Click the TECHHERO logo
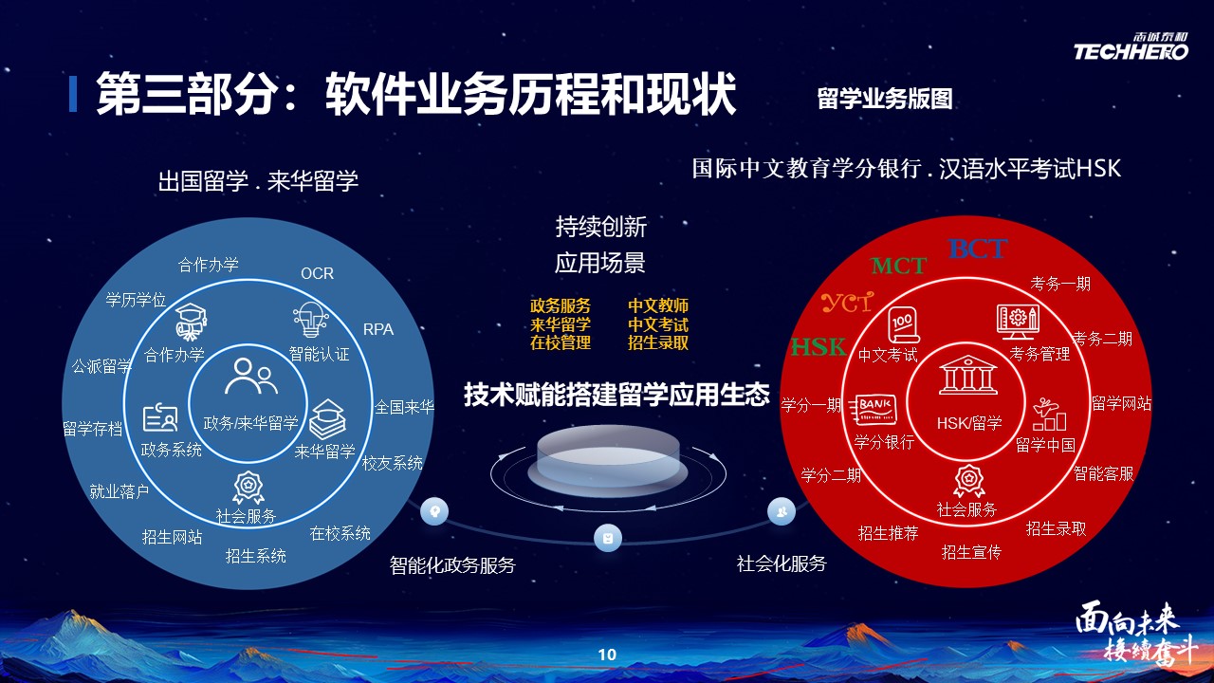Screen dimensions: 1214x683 [x=1131, y=46]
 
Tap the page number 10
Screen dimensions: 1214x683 [x=607, y=655]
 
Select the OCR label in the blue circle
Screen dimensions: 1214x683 [x=317, y=273]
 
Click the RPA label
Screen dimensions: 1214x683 [x=378, y=329]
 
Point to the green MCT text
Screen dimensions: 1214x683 [x=898, y=266]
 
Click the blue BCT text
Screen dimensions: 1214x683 [x=978, y=249]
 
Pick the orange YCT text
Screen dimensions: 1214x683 [x=848, y=303]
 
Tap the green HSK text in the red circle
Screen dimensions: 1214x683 [x=819, y=347]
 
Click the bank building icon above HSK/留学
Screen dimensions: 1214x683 [x=968, y=375]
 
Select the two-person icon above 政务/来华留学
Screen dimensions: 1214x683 [x=251, y=377]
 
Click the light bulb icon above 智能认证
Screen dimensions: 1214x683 [x=310, y=320]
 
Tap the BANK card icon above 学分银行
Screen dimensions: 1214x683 [x=875, y=410]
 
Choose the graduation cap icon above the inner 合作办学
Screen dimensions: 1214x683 [x=191, y=322]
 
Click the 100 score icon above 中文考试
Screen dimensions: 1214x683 [x=902, y=325]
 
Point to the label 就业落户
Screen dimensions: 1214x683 [x=120, y=491]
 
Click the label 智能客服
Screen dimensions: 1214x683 [x=1103, y=473]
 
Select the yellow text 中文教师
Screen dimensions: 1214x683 [x=658, y=305]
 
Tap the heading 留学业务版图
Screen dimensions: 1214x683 [x=885, y=99]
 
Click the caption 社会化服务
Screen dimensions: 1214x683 [x=782, y=563]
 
